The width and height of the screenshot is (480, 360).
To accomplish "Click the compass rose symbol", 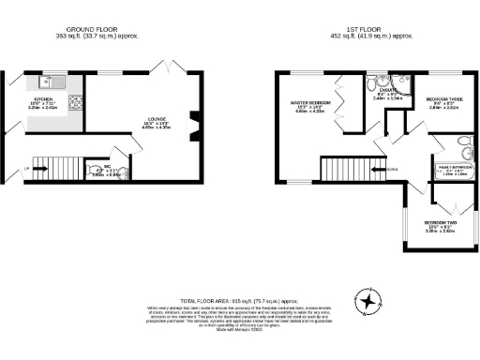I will point(370,300).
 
